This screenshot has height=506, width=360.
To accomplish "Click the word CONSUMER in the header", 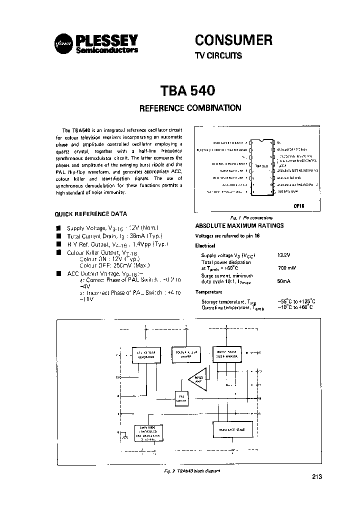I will click(233, 39).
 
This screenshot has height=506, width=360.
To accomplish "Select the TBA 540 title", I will click(187, 90).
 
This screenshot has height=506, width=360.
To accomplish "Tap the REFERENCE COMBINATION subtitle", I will click(190, 107).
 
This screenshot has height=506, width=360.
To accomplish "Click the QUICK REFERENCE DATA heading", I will click(90, 213).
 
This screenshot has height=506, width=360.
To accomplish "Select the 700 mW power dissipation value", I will click(286, 268).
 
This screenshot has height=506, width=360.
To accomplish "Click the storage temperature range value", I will click(295, 301).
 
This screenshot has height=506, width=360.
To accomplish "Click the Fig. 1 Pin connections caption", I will click(251, 218).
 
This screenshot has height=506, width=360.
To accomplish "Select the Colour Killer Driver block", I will click(186, 353).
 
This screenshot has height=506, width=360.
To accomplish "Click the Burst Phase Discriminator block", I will click(228, 353).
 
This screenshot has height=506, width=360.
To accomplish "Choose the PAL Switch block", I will click(182, 398).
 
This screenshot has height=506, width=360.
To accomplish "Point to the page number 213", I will click(316, 477).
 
